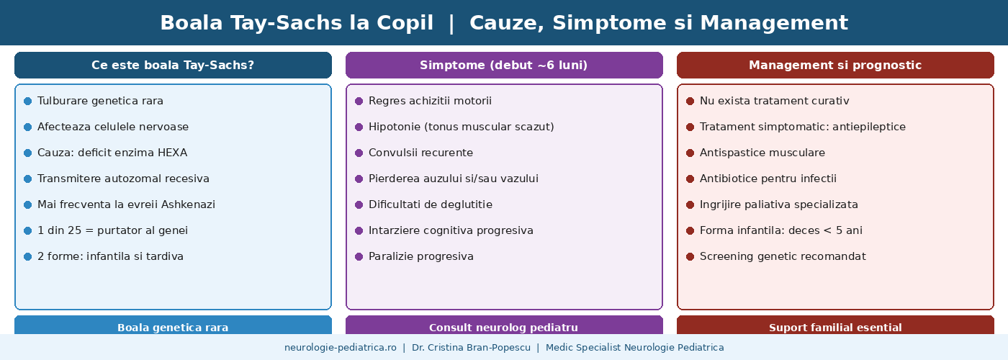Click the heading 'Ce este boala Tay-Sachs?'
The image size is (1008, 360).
(x=173, y=66)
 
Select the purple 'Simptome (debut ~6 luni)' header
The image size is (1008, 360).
(x=504, y=66)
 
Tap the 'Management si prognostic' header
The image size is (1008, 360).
(x=835, y=66)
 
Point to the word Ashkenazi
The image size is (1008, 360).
(x=188, y=204)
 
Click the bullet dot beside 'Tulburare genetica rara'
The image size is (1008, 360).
(x=27, y=102)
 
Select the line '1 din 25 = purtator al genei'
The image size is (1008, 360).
(x=112, y=230)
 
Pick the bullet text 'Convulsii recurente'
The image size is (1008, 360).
(x=420, y=153)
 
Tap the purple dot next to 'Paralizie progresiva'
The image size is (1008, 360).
(x=359, y=256)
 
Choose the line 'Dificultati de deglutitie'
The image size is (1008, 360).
(x=431, y=204)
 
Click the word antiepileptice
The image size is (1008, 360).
(x=869, y=127)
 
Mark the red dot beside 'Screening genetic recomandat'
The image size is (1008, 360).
(x=690, y=256)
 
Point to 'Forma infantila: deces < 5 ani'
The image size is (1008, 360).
(x=780, y=230)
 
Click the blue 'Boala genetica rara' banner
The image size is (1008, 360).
(x=173, y=325)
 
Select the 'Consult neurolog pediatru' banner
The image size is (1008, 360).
(x=504, y=325)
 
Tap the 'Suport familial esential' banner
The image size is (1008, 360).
(x=835, y=325)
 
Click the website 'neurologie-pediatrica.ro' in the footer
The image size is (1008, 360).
(x=340, y=347)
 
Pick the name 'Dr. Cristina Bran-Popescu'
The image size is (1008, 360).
(x=471, y=347)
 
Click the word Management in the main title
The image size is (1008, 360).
(x=774, y=23)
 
